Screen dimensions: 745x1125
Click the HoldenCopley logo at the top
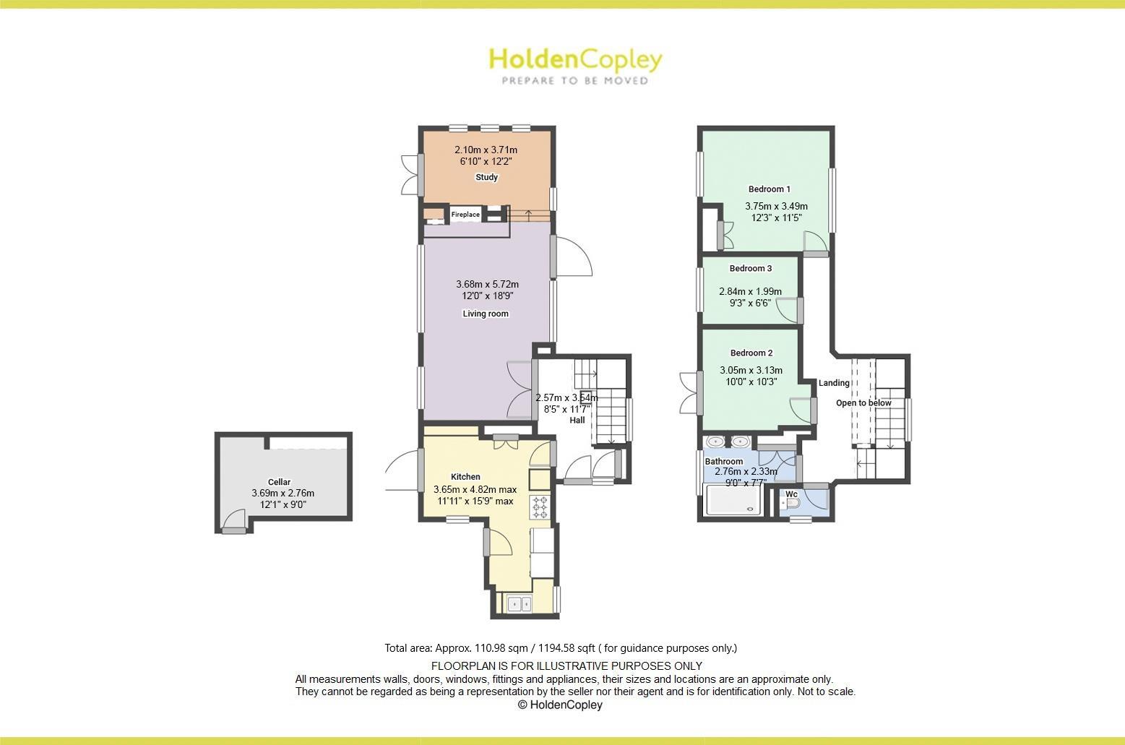click(x=575, y=65)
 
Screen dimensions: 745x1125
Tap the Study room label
click(x=486, y=177)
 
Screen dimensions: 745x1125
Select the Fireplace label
click(x=465, y=215)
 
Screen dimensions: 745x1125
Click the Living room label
click(x=486, y=314)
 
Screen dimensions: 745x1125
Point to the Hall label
click(x=577, y=420)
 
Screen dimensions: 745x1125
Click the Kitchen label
click(x=465, y=477)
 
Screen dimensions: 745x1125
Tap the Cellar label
click(x=279, y=482)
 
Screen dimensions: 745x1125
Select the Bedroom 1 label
click(x=769, y=189)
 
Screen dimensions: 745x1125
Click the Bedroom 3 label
click(x=750, y=269)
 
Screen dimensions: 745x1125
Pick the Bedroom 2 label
click(x=751, y=353)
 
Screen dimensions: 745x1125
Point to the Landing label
click(x=834, y=383)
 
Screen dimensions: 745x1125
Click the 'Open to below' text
click(x=863, y=403)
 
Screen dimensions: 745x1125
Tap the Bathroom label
click(x=724, y=462)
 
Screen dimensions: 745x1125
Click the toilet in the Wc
click(x=790, y=503)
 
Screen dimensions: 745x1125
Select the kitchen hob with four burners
click(x=540, y=507)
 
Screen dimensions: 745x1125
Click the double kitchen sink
click(x=518, y=603)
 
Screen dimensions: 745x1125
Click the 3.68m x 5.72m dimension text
click(x=487, y=284)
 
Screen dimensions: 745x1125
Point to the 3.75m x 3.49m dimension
click(x=776, y=206)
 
